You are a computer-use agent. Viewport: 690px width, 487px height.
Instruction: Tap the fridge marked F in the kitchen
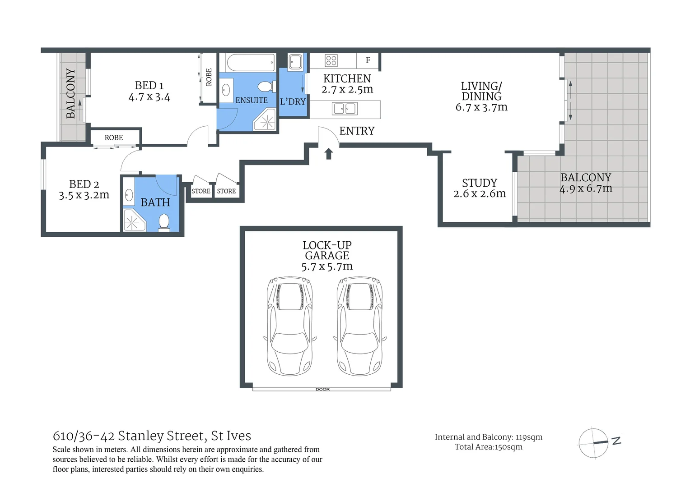tap(368, 60)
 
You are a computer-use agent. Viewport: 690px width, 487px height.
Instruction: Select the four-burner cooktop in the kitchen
tap(331, 60)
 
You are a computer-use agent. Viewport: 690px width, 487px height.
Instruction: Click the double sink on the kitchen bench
tap(345, 109)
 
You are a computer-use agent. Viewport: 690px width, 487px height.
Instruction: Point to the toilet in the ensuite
tap(266, 87)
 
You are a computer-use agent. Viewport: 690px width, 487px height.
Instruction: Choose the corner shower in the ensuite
tap(265, 119)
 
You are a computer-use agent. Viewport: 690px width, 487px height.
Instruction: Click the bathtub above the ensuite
tap(250, 62)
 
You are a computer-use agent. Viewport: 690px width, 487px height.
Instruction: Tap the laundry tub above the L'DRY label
tap(295, 62)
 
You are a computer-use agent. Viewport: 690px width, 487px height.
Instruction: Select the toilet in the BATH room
tap(164, 222)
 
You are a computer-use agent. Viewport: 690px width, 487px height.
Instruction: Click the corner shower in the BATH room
tap(134, 220)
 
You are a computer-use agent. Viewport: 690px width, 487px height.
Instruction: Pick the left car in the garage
tap(290, 326)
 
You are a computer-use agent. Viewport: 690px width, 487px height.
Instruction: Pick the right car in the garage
tap(360, 326)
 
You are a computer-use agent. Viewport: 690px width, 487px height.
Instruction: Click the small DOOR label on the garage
tap(322, 390)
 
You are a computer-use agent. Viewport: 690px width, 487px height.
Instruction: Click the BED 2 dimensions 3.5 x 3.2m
tap(84, 195)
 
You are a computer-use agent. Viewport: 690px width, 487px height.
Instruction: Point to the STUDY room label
tap(480, 183)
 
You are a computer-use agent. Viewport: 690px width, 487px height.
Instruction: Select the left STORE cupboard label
tap(201, 191)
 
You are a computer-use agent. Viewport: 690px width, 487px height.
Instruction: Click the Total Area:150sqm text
tap(489, 447)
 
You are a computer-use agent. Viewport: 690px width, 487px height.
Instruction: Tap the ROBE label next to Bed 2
tap(114, 138)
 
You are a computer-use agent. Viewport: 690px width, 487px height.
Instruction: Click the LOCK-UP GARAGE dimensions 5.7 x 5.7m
tap(327, 266)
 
